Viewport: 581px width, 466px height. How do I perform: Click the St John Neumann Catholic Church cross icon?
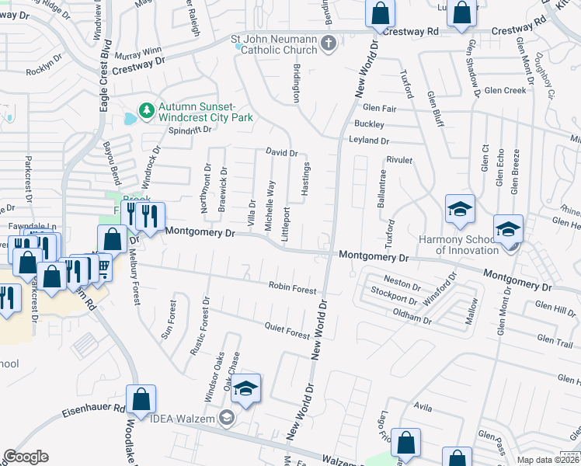click(328, 42)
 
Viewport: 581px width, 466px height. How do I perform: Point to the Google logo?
click(26, 457)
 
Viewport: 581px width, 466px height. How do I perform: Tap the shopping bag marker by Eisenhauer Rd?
click(141, 400)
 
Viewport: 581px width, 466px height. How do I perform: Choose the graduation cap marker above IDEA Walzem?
click(245, 390)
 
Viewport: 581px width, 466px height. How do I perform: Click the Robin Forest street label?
click(292, 289)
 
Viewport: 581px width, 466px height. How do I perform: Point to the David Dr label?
click(282, 153)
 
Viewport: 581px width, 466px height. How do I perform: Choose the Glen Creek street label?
click(505, 90)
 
